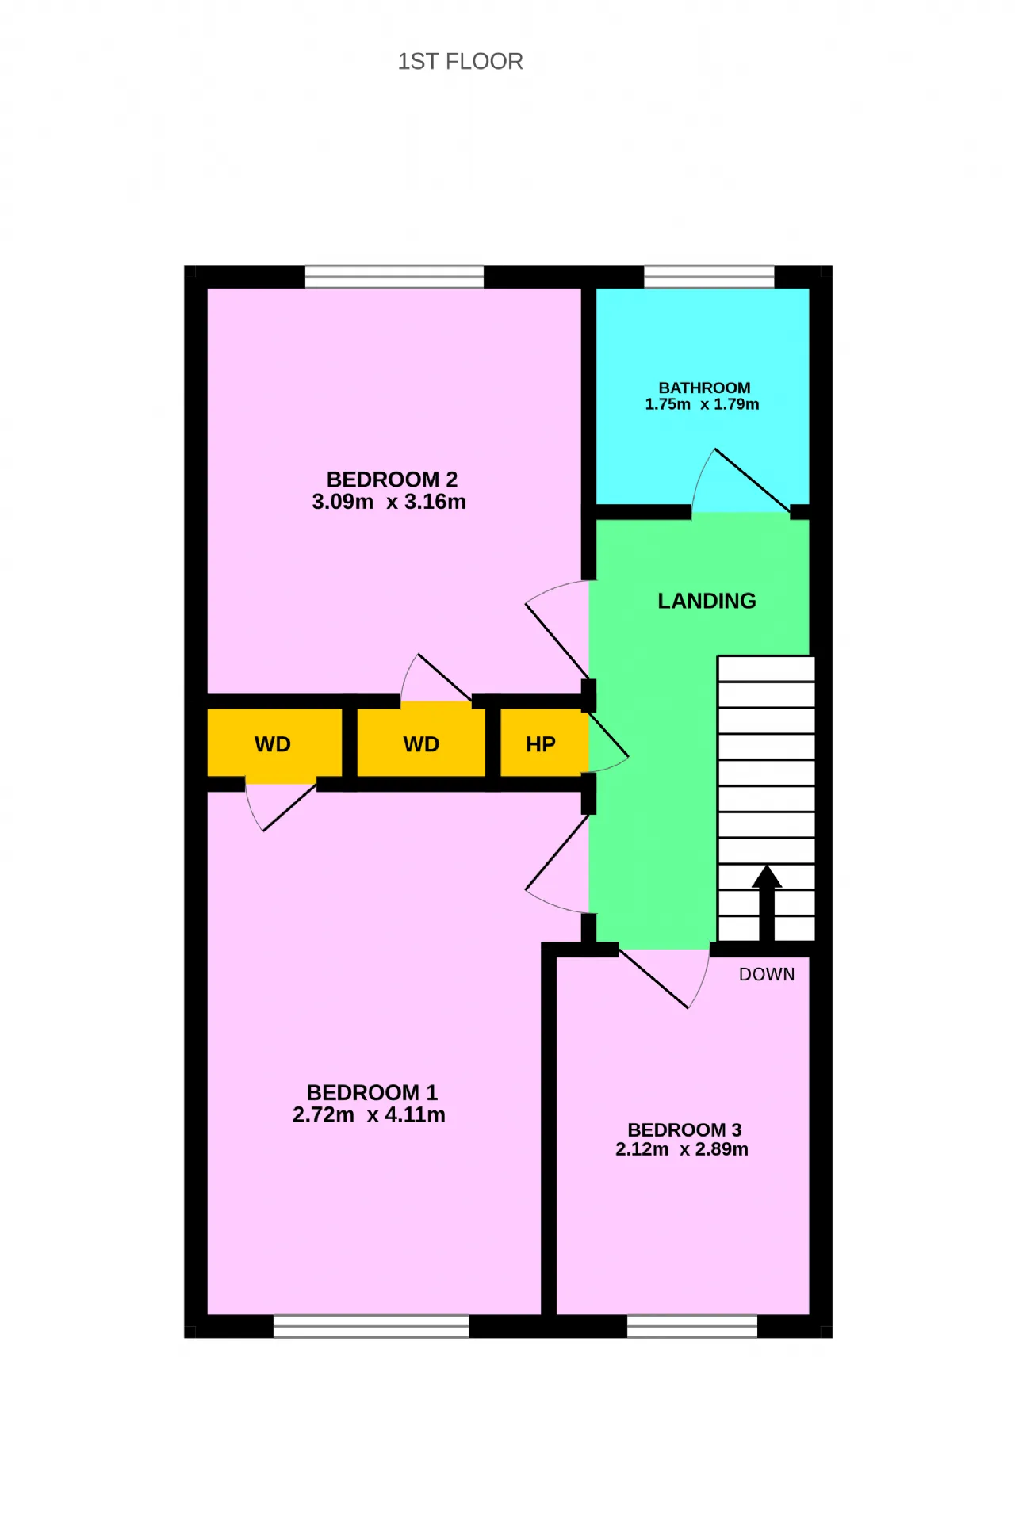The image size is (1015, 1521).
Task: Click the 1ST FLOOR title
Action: tap(460, 62)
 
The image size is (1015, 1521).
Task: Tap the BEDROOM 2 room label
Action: tap(392, 480)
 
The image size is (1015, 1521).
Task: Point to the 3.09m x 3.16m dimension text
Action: tap(389, 502)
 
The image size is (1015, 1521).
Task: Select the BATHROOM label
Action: tap(704, 388)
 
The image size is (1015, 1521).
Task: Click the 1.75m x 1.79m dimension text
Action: tap(702, 404)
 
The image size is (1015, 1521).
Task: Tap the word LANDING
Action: tap(707, 601)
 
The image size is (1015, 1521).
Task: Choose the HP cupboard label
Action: tap(541, 744)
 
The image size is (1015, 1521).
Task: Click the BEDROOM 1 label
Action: tap(372, 1093)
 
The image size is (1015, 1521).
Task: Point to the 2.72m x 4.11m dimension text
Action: tap(369, 1115)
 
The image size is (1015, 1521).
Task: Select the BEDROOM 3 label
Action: tap(684, 1130)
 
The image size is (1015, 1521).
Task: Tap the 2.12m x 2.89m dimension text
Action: tap(682, 1149)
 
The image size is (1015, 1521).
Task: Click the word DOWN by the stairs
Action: tap(767, 975)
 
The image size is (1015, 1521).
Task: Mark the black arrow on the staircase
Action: tap(767, 904)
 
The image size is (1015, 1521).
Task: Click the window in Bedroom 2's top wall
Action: tap(394, 277)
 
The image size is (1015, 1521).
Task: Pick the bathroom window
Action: tap(709, 277)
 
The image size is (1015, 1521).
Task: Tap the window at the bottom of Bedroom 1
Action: tap(371, 1326)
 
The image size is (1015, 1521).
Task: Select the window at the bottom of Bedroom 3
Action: tap(692, 1326)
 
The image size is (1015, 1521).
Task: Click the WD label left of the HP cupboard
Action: tap(421, 744)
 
